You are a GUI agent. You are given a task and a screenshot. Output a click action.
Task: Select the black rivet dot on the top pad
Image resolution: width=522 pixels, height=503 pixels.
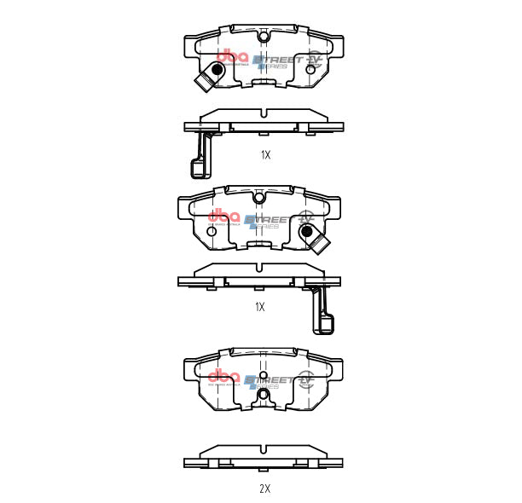[220, 69]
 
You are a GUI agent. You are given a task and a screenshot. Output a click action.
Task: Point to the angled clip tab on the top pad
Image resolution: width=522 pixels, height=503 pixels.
[204, 81]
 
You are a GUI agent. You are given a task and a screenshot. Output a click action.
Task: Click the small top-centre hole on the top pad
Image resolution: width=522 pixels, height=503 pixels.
[264, 37]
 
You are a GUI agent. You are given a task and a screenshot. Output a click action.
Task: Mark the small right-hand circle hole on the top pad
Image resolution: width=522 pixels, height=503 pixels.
[310, 69]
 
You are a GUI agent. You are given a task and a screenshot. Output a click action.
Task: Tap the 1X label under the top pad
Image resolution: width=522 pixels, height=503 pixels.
[265, 155]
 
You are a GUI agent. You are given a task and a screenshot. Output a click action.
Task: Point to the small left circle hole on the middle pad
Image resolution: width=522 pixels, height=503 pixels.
[212, 231]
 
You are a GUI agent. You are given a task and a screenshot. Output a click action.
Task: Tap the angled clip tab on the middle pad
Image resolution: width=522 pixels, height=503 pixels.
[320, 245]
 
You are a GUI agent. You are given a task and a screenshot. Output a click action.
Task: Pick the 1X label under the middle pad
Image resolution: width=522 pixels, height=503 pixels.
[260, 307]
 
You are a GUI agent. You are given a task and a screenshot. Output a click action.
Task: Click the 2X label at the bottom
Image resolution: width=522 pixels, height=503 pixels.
[264, 489]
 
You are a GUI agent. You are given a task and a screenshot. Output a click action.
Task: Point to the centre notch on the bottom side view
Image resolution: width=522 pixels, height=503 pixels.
[264, 448]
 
